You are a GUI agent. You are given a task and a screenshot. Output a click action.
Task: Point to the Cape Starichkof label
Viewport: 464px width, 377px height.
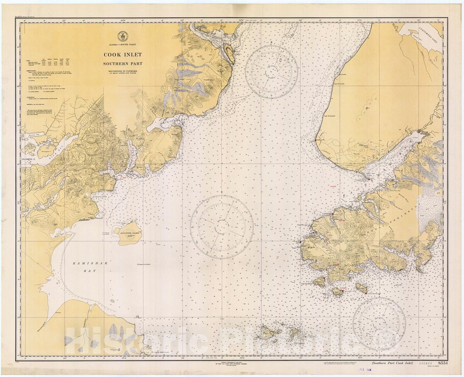click(330, 115)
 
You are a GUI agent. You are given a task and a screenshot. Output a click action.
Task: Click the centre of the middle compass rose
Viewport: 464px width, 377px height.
click(222, 226)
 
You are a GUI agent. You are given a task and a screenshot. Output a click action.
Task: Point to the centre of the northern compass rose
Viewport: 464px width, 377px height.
click(271, 72)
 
